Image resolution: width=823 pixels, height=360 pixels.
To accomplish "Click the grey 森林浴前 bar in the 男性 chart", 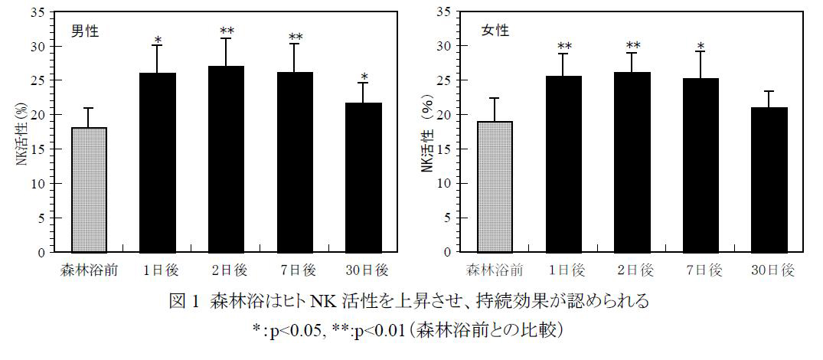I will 88,189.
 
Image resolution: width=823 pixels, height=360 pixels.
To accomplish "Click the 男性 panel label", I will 85,32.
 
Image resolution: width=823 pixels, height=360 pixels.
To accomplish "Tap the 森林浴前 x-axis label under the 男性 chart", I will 88,270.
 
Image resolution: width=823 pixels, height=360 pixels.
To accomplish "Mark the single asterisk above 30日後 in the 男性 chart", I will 365,77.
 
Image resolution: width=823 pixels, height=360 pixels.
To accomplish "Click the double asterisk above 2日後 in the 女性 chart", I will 633,46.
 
